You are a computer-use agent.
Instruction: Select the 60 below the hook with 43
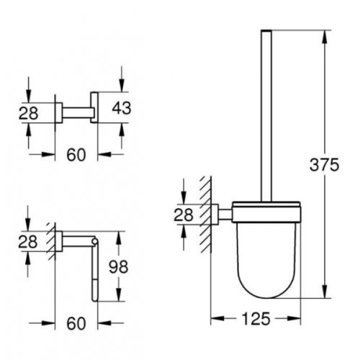(x=76, y=153)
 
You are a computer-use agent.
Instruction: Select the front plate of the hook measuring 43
(x=94, y=109)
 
